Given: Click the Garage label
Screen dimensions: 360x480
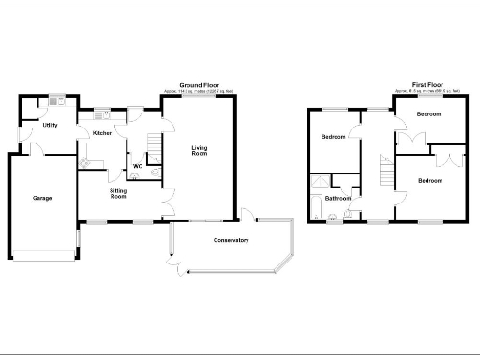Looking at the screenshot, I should (x=42, y=198).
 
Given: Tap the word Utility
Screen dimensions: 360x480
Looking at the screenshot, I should (x=51, y=125).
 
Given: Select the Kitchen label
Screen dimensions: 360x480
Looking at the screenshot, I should (x=103, y=133).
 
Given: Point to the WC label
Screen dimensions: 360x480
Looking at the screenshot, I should (x=137, y=167).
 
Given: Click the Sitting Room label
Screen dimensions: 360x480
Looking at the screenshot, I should (x=118, y=194).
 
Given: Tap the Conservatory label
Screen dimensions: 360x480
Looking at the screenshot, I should (x=230, y=241).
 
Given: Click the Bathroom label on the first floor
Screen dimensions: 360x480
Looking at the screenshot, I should (x=337, y=199).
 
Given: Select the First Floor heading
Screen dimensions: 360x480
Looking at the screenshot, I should (x=426, y=83).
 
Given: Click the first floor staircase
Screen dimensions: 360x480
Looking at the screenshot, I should (x=384, y=172).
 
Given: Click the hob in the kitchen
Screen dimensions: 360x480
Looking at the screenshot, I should (x=85, y=165).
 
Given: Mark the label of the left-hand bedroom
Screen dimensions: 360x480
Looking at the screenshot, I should (x=333, y=137).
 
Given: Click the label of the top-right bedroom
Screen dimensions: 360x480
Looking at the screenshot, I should (x=429, y=114).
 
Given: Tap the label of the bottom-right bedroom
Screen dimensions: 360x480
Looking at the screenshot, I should (x=430, y=180).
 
